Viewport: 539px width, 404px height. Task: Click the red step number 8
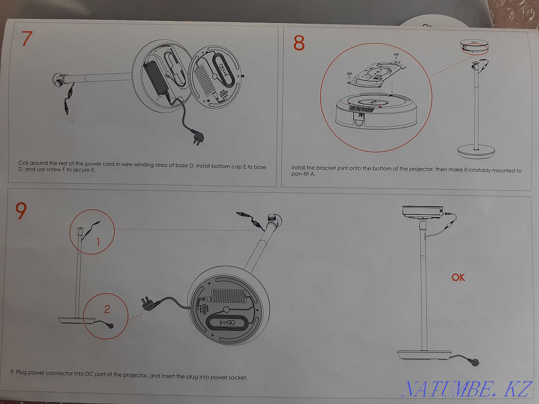coord(299,43)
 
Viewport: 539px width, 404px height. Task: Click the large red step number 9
coord(21,211)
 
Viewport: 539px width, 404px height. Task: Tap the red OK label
coord(458,277)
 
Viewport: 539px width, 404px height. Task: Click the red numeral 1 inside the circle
coord(98,242)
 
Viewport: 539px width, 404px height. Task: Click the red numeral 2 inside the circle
coord(107,309)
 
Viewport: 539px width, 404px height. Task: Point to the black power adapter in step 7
coord(155,80)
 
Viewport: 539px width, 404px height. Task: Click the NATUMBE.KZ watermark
coord(468,388)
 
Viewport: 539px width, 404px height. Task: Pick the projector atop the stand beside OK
coord(423,212)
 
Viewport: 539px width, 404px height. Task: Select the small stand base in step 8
coord(476,152)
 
